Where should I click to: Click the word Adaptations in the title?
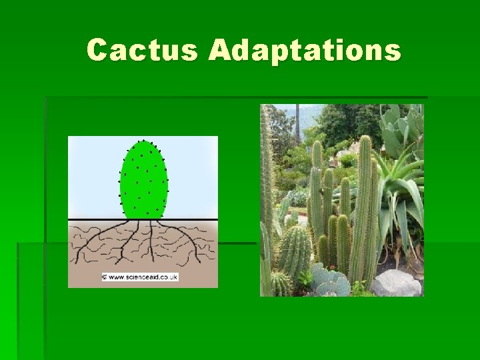305,51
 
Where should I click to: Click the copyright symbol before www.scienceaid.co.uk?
105,277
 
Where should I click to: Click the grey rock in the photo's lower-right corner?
396,283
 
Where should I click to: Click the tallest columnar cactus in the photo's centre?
364,200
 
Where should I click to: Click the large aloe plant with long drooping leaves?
400,193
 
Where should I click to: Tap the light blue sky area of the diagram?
93,173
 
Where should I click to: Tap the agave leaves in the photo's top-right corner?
403,127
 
